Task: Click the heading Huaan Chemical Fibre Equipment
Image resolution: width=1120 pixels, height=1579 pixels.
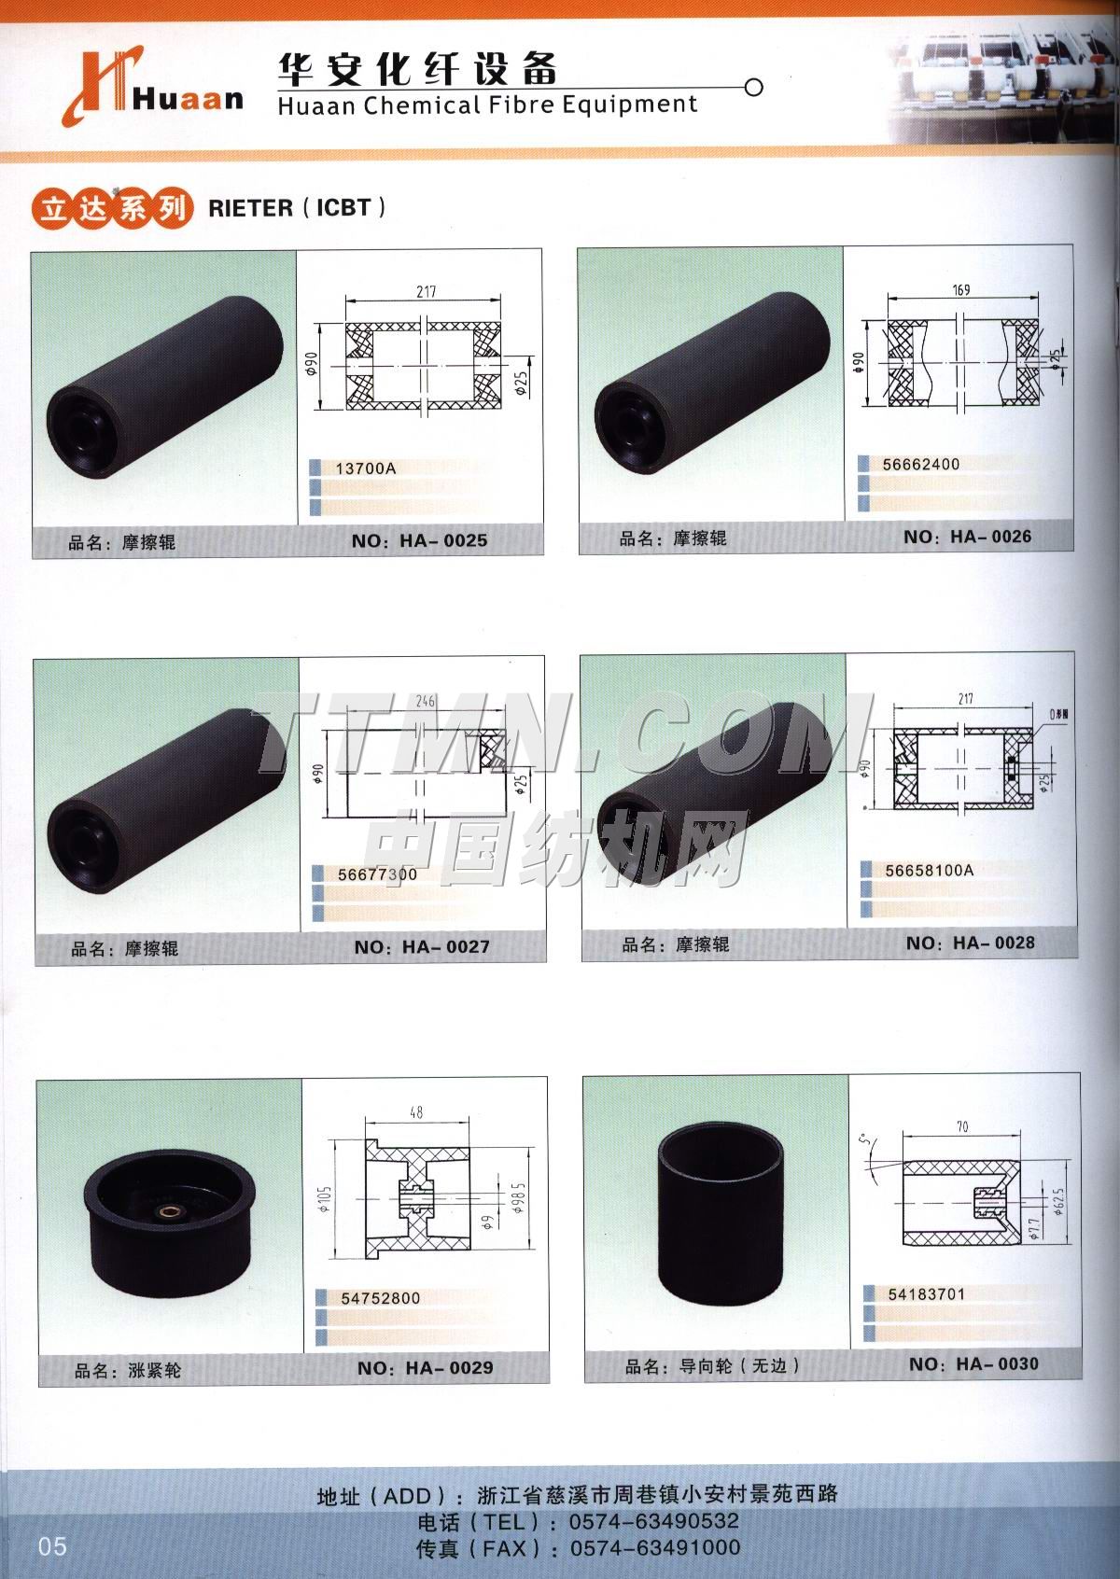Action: pyautogui.click(x=487, y=105)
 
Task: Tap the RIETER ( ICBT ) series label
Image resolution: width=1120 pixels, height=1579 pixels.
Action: pyautogui.click(x=297, y=207)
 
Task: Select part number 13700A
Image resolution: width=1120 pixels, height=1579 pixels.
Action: pyautogui.click(x=365, y=468)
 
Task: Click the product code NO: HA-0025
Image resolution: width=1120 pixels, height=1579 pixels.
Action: pyautogui.click(x=420, y=540)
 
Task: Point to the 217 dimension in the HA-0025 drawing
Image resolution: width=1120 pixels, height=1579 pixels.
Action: pyautogui.click(x=426, y=292)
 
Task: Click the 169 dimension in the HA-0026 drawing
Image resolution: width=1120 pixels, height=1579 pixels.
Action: pyautogui.click(x=961, y=289)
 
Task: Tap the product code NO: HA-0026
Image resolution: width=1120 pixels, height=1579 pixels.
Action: pyautogui.click(x=968, y=537)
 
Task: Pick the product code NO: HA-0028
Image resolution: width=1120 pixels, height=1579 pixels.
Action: pyautogui.click(x=971, y=943)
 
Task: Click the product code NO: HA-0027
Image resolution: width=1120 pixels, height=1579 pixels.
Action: pyautogui.click(x=422, y=947)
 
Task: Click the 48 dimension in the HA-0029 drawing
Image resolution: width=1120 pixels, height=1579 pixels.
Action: pyautogui.click(x=416, y=1112)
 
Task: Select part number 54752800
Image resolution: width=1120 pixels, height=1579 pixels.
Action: pyautogui.click(x=381, y=1298)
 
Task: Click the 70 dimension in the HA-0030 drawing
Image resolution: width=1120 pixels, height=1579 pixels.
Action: pyautogui.click(x=962, y=1126)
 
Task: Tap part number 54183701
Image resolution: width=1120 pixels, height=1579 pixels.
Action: pyautogui.click(x=927, y=1294)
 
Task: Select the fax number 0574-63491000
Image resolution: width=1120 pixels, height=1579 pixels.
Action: pyautogui.click(x=655, y=1548)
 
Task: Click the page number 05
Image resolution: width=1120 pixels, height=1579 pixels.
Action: pyautogui.click(x=53, y=1546)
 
